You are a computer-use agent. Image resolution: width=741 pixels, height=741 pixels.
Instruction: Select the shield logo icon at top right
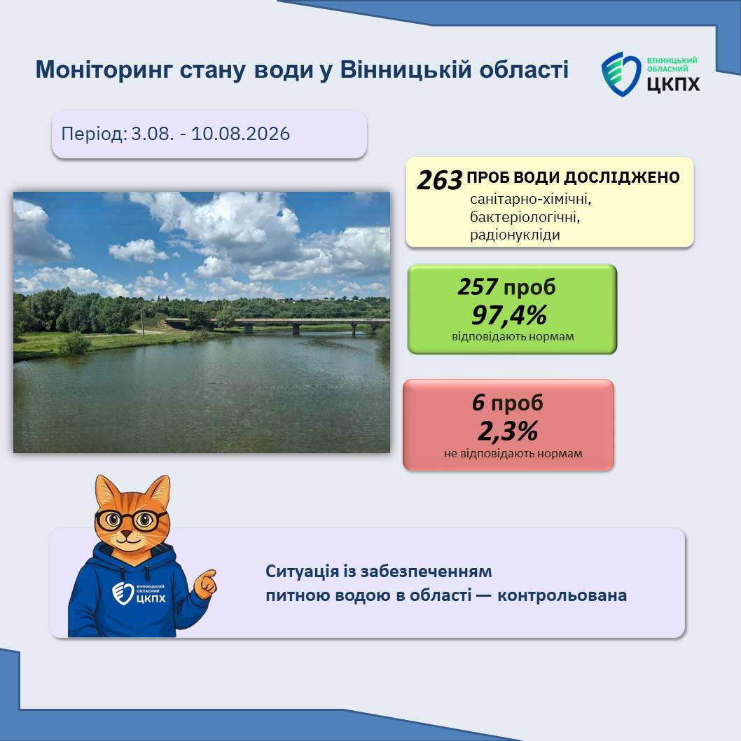pos(621,74)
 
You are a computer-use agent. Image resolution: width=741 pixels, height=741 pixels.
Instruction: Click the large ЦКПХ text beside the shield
pos(673,84)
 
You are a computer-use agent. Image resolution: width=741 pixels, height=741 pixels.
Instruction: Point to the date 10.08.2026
pos(240,134)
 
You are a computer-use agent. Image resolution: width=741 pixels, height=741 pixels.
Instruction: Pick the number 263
pos(440,180)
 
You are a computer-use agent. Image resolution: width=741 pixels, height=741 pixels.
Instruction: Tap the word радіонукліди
pos(515,235)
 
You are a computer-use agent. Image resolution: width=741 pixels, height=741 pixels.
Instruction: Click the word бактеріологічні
pos(525,217)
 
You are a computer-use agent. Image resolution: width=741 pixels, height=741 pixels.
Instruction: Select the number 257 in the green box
pos(477,287)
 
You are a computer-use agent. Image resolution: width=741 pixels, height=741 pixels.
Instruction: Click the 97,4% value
pos(509,314)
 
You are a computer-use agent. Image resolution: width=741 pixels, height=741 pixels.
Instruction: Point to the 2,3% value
pos(508,431)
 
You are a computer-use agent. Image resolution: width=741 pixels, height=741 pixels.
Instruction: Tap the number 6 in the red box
pos(479,403)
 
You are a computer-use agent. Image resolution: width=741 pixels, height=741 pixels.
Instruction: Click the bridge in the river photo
pos(277,324)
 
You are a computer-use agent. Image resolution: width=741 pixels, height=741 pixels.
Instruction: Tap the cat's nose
pos(126,534)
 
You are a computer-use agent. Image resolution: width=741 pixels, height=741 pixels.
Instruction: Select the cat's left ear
pos(108,492)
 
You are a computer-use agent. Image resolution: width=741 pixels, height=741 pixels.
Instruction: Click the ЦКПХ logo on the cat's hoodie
pos(139,594)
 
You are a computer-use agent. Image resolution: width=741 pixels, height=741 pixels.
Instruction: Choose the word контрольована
pos(562,595)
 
